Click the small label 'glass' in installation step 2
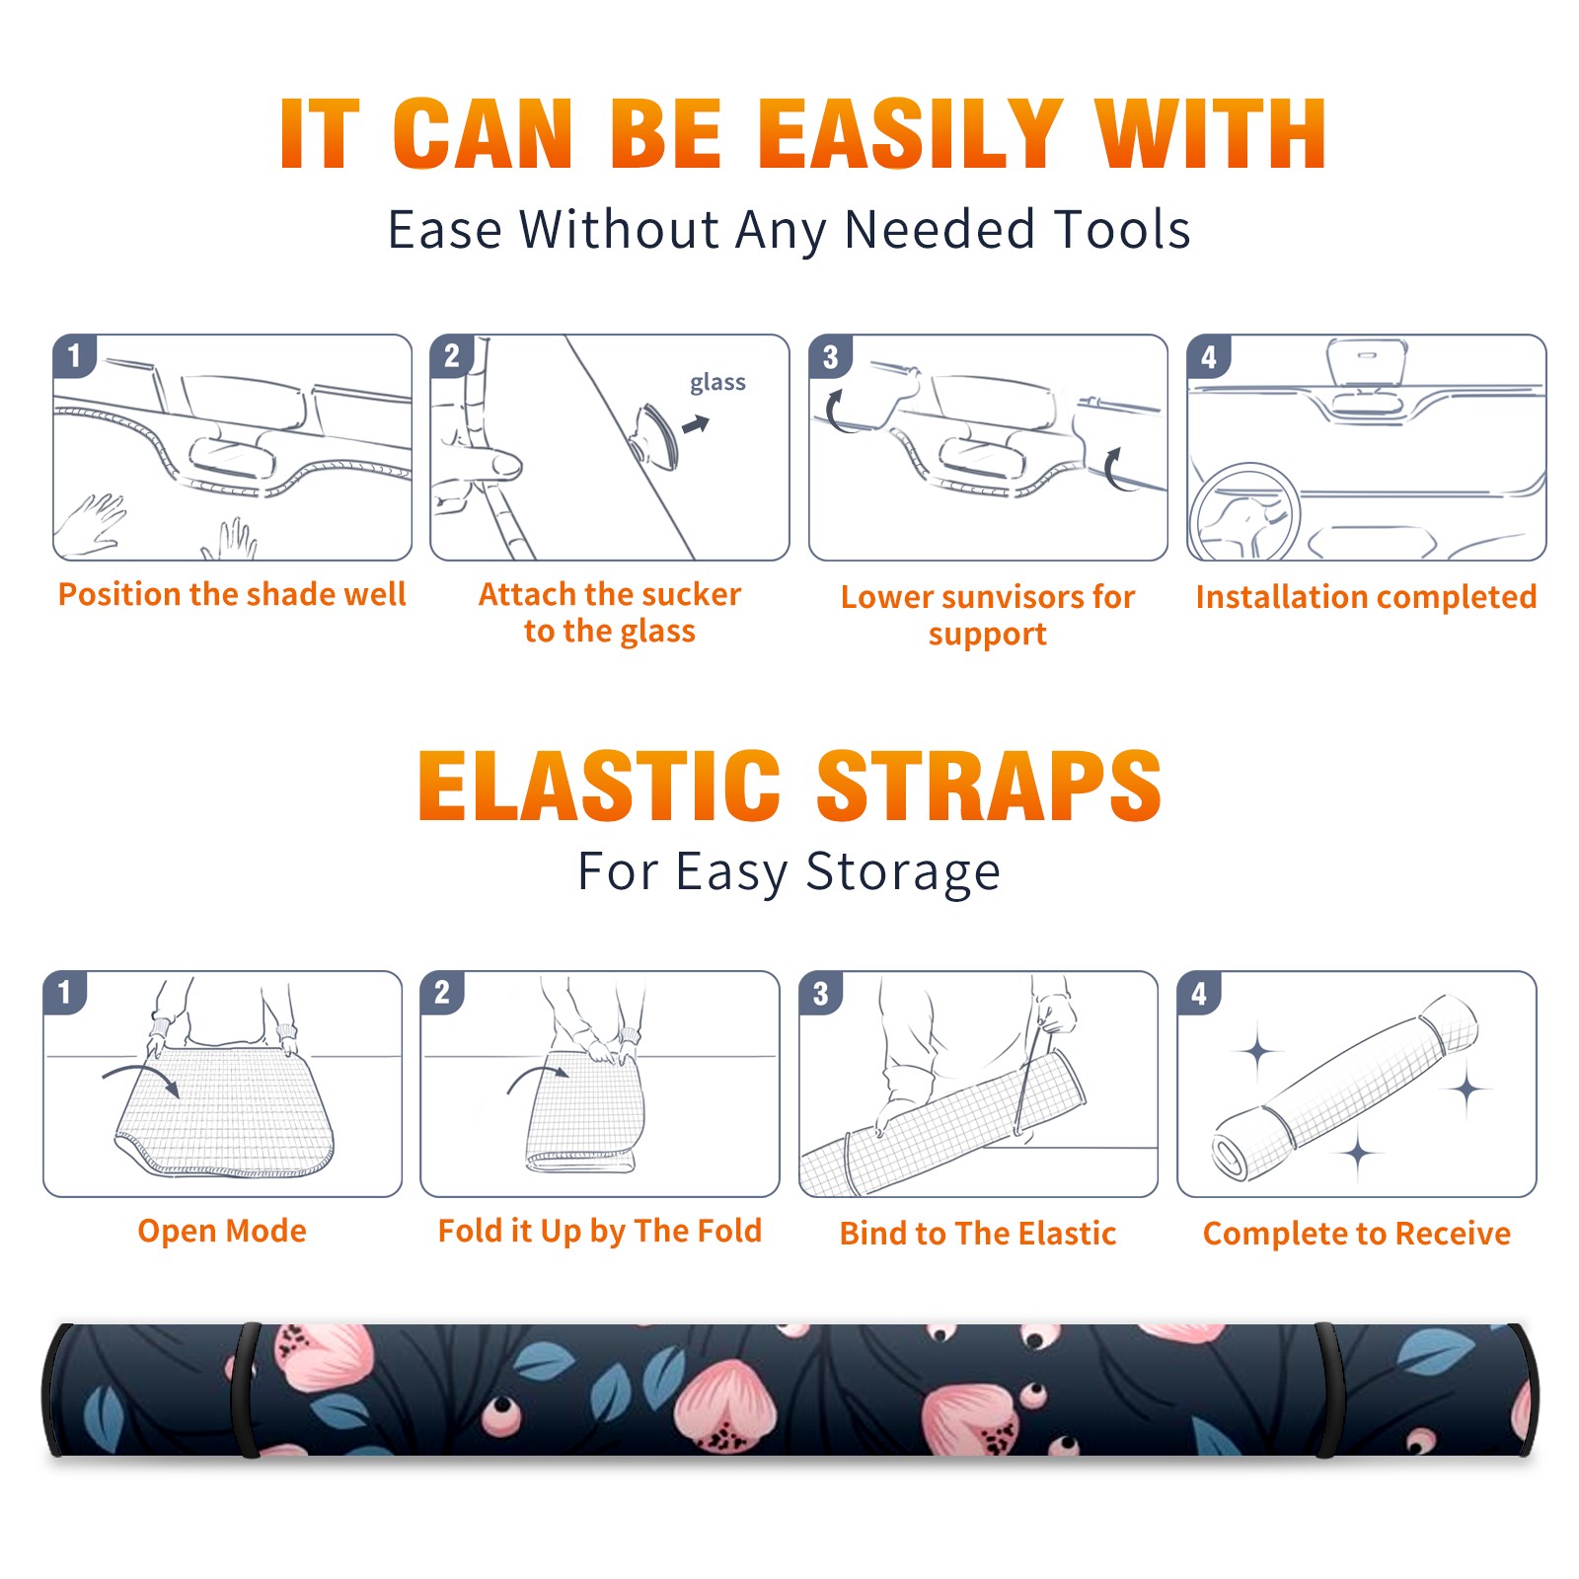coord(717,383)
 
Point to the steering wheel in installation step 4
coord(1243,510)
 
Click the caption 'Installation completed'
coord(1366,597)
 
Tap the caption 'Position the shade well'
coord(232,594)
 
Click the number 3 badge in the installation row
coord(830,356)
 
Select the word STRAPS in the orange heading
coord(989,786)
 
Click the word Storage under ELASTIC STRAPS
coord(903,872)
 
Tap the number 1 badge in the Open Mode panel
coord(65,992)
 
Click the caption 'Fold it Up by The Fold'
coord(600,1232)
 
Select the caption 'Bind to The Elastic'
coord(978,1234)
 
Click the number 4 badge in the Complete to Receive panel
coord(1199,993)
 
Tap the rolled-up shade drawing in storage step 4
coord(1345,1088)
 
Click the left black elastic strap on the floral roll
coord(245,1391)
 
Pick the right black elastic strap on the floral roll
coord(1328,1391)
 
